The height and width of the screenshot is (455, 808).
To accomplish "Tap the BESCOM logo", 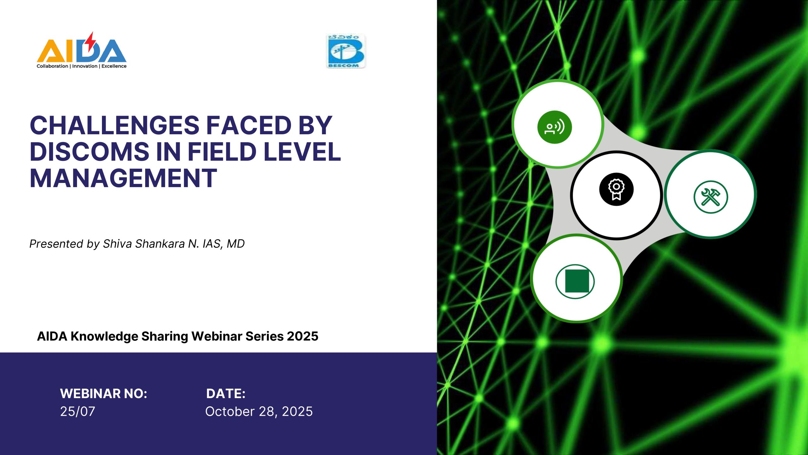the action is click(x=346, y=51).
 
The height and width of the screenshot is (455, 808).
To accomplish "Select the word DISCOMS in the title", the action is click(x=89, y=152).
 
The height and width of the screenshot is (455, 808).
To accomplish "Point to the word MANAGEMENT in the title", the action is click(x=123, y=178).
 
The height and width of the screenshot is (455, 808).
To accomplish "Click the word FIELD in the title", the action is click(x=222, y=152).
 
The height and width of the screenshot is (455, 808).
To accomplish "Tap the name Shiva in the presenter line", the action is click(x=117, y=244).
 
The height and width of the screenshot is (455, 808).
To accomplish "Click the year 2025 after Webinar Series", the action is click(x=303, y=336).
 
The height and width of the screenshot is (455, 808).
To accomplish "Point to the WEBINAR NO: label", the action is click(x=104, y=394).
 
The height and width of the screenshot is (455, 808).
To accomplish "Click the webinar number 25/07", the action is click(x=78, y=411).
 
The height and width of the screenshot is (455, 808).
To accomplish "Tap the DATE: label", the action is click(x=226, y=394).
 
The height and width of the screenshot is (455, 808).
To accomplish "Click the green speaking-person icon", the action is click(x=555, y=127).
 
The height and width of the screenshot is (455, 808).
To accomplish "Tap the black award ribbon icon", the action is click(x=616, y=189).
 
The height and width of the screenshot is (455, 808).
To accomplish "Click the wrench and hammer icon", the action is click(x=711, y=197).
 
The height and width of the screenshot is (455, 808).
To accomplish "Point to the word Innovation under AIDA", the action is click(x=85, y=66).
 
